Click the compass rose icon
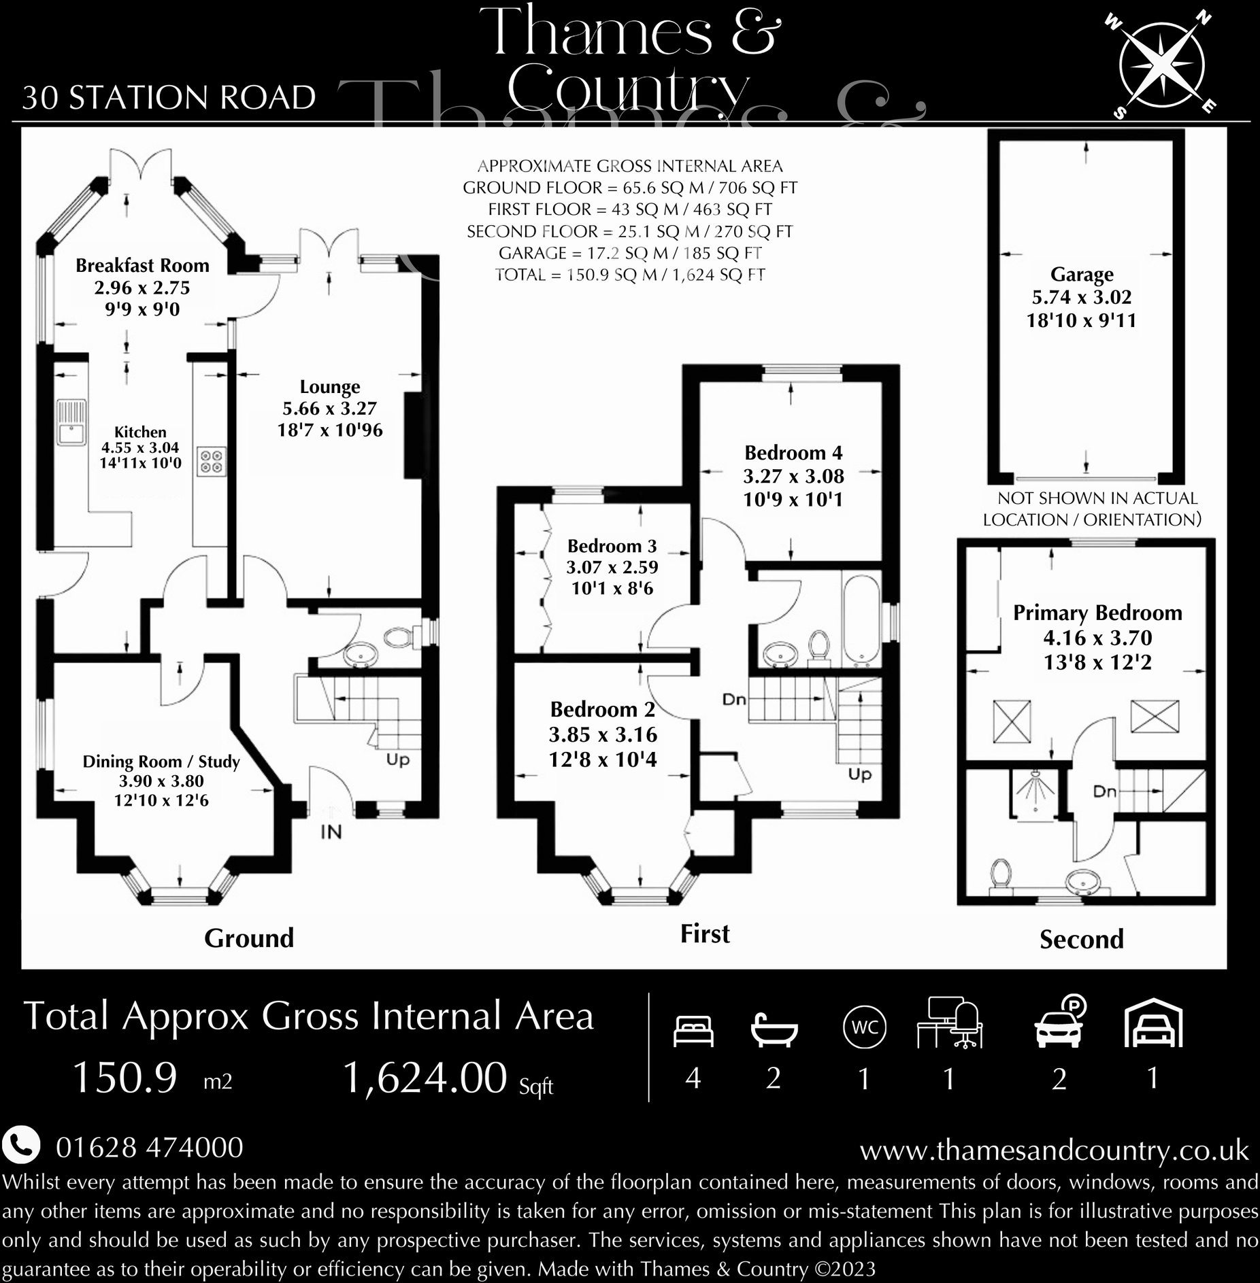[x=1161, y=66]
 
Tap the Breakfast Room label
[x=142, y=265]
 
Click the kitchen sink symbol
[x=70, y=422]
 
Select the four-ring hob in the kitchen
[x=211, y=462]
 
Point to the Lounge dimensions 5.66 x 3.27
[x=329, y=408]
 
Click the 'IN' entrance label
[x=331, y=832]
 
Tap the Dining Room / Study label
[x=161, y=762]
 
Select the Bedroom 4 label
[x=793, y=453]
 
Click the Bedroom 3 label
[x=612, y=546]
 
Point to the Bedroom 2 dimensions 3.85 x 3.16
[x=603, y=734]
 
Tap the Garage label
[x=1082, y=274]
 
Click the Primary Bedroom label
[x=1097, y=613]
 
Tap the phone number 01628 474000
[x=149, y=1148]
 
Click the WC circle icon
[x=864, y=1027]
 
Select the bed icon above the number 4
[x=693, y=1030]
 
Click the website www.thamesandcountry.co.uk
[x=1054, y=1150]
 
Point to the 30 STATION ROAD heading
[x=169, y=98]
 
